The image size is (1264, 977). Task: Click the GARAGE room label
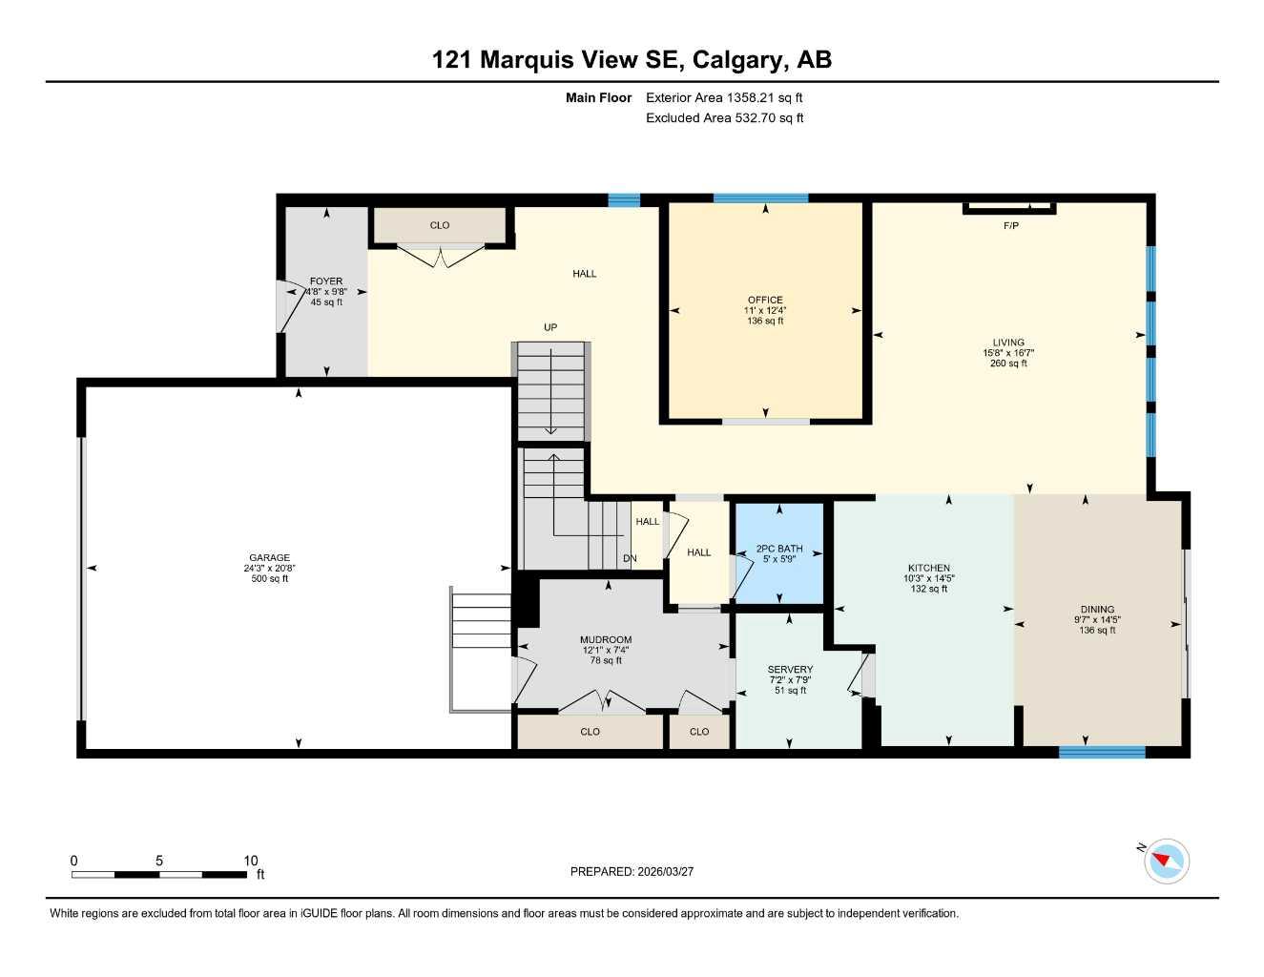point(269,558)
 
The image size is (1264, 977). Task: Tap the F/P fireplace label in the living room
point(1011,226)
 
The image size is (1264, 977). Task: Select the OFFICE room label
point(765,300)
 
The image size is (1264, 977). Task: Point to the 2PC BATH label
point(779,549)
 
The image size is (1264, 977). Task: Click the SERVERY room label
point(790,670)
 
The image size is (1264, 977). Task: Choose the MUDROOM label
point(606,640)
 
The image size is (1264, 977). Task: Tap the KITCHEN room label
point(928,568)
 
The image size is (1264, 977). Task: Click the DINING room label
point(1097,610)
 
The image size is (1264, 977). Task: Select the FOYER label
point(326,281)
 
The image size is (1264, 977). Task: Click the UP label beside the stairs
point(550,327)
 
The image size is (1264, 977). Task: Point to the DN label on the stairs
point(630,558)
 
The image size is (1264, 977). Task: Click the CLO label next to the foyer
point(440,225)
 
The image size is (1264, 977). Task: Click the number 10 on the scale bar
point(251,861)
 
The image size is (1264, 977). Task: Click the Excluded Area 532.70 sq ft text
point(724,118)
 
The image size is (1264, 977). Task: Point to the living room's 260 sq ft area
point(1008,364)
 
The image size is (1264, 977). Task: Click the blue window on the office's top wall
point(760,198)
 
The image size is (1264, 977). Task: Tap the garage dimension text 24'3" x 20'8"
point(269,569)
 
